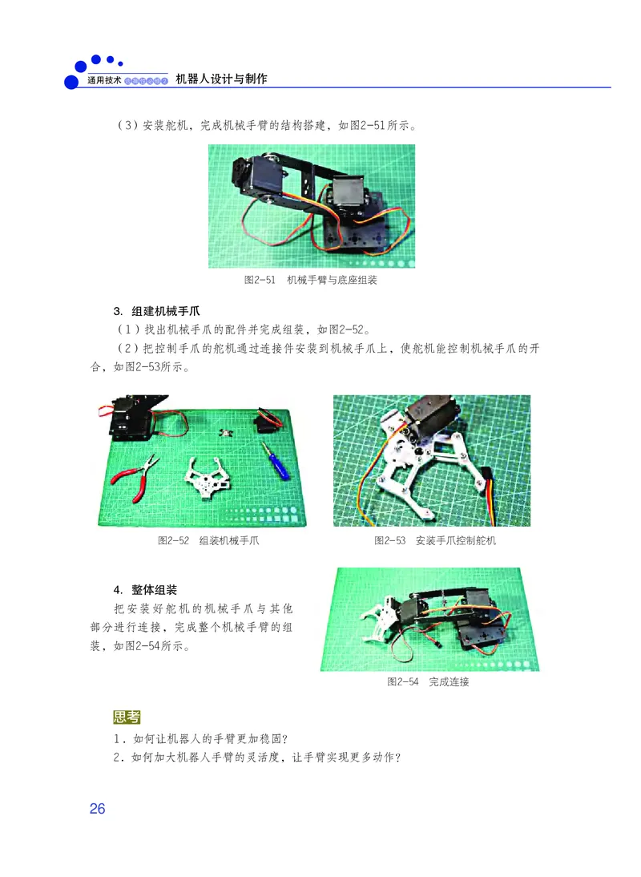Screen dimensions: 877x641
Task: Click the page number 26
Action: coord(97,809)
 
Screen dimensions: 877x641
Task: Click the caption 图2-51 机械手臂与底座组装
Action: coord(311,281)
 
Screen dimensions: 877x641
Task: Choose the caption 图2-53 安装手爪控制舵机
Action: coord(435,540)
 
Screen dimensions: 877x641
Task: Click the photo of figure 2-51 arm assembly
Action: coord(312,206)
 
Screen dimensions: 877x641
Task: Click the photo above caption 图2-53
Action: coord(432,460)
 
